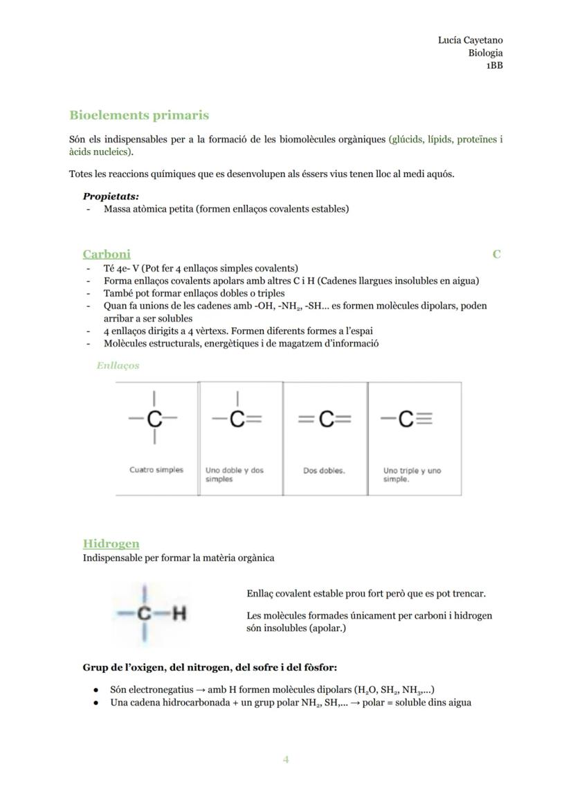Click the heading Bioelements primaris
tap(138, 116)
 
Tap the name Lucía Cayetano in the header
tap(470, 40)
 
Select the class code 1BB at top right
tap(493, 65)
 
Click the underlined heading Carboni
tap(107, 254)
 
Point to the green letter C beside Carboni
tap(496, 254)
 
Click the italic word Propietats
tap(111, 197)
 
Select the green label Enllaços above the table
tap(118, 365)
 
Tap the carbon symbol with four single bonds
tap(154, 418)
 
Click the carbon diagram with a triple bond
tap(406, 419)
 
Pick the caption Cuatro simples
tap(156, 470)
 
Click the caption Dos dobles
tap(324, 471)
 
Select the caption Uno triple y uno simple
tap(412, 475)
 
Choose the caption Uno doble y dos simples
tap(234, 475)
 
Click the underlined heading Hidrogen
tap(111, 544)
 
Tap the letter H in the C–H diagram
tap(180, 614)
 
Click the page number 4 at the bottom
tap(286, 760)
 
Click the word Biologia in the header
tap(485, 53)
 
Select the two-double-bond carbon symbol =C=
tap(325, 419)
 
